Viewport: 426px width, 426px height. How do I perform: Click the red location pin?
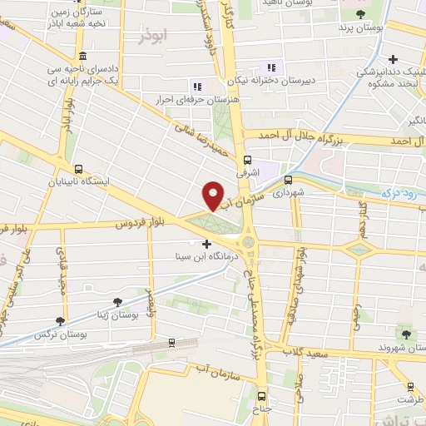pyautogui.click(x=214, y=195)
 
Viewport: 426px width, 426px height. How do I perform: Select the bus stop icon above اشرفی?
pyautogui.click(x=247, y=161)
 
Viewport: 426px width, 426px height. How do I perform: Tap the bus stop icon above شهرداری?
pyautogui.click(x=289, y=179)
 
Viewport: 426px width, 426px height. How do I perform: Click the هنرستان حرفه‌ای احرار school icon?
pyautogui.click(x=197, y=87)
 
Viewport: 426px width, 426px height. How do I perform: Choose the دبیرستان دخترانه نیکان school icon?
pyautogui.click(x=270, y=68)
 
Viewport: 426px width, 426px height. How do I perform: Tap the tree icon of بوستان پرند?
pyautogui.click(x=359, y=14)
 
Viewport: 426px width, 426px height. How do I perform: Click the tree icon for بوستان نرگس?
pyautogui.click(x=58, y=321)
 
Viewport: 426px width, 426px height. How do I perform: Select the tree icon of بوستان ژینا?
pyautogui.click(x=116, y=300)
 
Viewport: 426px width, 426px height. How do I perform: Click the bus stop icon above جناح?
pyautogui.click(x=262, y=396)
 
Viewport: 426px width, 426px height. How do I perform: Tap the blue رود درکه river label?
pyautogui.click(x=402, y=193)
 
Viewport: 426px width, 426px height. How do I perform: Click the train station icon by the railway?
pyautogui.click(x=171, y=341)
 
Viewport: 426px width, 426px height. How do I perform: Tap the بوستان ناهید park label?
pyautogui.click(x=290, y=4)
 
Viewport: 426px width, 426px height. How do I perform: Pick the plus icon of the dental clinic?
pyautogui.click(x=394, y=59)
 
